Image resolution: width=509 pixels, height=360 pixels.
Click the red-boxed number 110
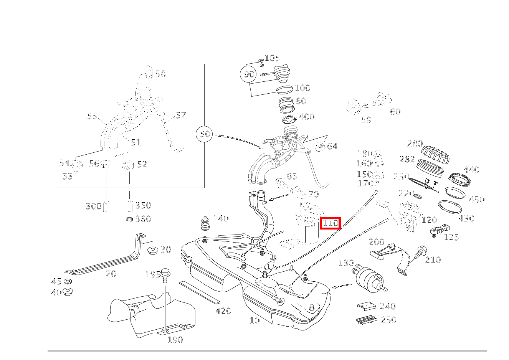(330, 223)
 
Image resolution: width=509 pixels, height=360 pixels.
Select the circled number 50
(205, 134)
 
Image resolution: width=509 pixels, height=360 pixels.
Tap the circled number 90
(249, 74)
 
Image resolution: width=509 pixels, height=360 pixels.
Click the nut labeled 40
(68, 292)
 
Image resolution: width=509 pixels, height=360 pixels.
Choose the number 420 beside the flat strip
(223, 311)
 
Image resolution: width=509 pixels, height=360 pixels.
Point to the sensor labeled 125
(437, 231)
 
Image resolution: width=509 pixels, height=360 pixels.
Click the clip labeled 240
(367, 306)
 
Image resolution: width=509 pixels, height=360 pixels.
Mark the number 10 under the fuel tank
(255, 320)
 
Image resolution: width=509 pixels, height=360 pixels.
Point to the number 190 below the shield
(175, 340)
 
